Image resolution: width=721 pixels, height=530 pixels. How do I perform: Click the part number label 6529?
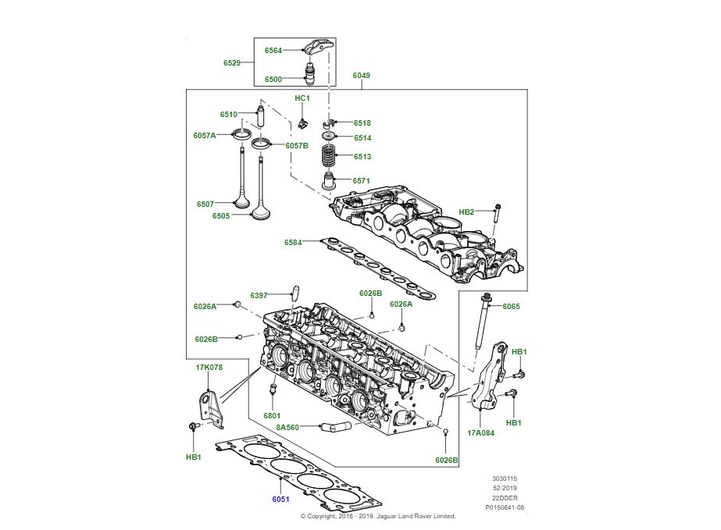pyautogui.click(x=232, y=62)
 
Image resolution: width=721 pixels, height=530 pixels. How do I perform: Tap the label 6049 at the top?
pyautogui.click(x=361, y=76)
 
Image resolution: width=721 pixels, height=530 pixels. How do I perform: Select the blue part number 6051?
pyautogui.click(x=280, y=500)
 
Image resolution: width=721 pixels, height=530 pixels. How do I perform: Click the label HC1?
pyautogui.click(x=302, y=98)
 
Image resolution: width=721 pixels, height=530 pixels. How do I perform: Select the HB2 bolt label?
pyautogui.click(x=466, y=212)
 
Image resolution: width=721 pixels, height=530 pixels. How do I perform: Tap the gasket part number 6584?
pyautogui.click(x=293, y=243)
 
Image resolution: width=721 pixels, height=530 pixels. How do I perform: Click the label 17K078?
pyautogui.click(x=209, y=366)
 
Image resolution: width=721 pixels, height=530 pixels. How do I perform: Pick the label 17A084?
pyautogui.click(x=482, y=432)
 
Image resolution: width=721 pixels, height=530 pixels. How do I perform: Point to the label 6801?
pyautogui.click(x=272, y=416)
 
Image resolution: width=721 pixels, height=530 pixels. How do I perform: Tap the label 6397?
pyautogui.click(x=259, y=296)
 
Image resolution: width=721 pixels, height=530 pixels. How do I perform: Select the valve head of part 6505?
pyautogui.click(x=261, y=212)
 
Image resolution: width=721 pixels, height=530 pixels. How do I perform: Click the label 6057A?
pyautogui.click(x=205, y=135)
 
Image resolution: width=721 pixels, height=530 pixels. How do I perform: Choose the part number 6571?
pyautogui.click(x=361, y=180)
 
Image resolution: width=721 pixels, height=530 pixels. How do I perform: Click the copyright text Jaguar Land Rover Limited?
pyautogui.click(x=414, y=516)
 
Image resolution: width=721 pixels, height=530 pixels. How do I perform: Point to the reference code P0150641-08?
pyautogui.click(x=505, y=507)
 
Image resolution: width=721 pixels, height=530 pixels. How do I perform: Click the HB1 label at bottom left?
pyautogui.click(x=192, y=457)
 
